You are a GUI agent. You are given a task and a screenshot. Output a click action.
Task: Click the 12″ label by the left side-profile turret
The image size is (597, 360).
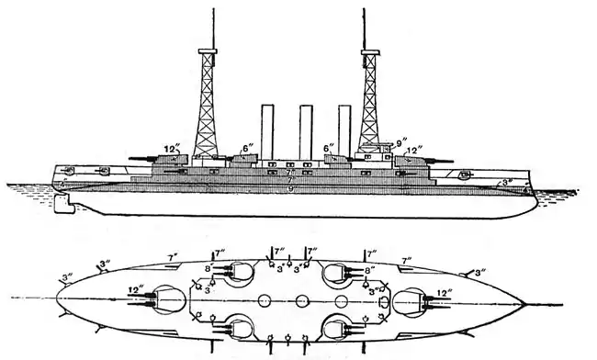[171, 147]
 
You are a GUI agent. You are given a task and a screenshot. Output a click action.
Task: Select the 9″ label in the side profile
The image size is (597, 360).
[400, 142]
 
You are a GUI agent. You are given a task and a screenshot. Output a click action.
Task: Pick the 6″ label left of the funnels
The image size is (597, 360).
[248, 147]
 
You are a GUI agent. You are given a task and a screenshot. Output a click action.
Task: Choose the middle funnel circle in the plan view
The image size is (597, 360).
[302, 299]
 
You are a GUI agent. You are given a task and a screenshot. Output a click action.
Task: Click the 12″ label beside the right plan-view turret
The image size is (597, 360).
[445, 294]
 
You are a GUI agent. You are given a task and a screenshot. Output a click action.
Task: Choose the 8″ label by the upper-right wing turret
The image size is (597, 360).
[369, 271]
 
